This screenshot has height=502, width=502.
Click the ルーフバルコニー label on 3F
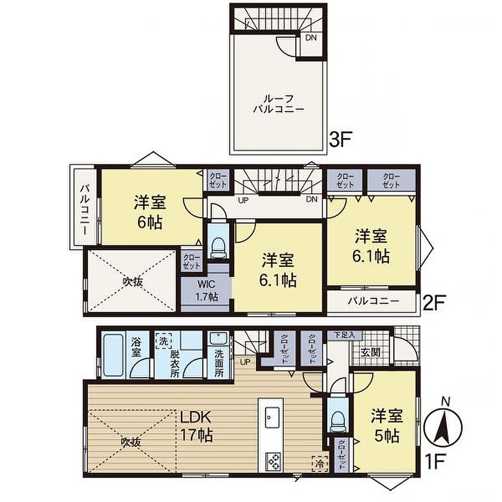(278, 104)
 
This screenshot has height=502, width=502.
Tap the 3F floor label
(341, 139)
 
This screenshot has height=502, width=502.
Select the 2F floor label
(434, 302)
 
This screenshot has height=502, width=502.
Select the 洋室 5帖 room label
(387, 426)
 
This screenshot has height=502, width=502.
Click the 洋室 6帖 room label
(150, 212)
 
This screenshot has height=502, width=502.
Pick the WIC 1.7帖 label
(207, 290)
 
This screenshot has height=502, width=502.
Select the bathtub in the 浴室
(114, 355)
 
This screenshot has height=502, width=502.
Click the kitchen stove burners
(274, 461)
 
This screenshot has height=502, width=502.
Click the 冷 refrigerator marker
(320, 463)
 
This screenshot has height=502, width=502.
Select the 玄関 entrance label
(371, 352)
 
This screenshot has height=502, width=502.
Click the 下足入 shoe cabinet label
(345, 335)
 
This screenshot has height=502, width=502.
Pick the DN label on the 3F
(310, 37)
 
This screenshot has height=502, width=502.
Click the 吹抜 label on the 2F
(133, 282)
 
